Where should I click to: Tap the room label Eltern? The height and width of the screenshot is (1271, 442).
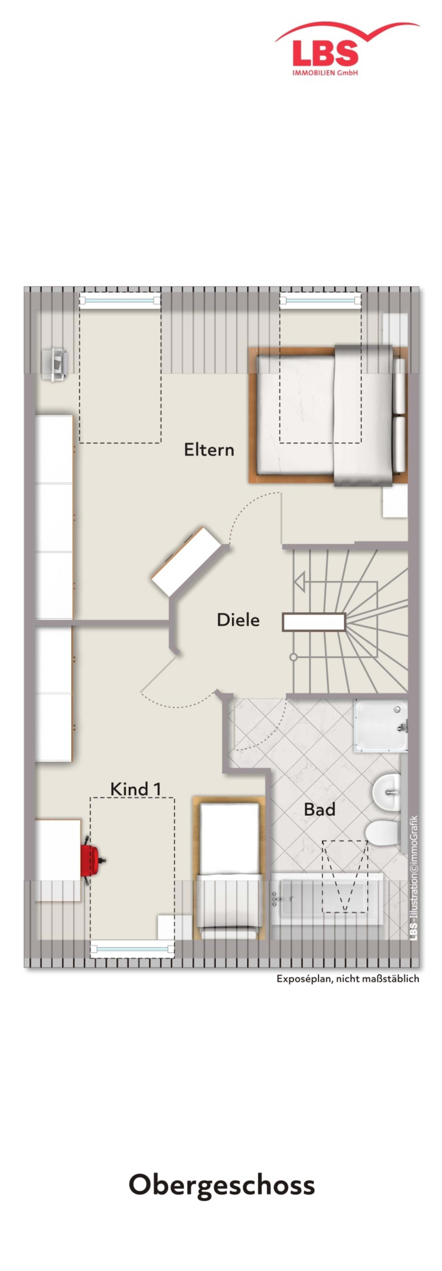pos(209,449)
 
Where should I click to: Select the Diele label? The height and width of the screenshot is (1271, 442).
pos(238,620)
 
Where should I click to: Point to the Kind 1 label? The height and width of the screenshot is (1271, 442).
pos(135,789)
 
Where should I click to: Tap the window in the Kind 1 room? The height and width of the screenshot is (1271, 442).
pos(132,948)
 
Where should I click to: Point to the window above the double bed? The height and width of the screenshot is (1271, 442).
pos(320,300)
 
